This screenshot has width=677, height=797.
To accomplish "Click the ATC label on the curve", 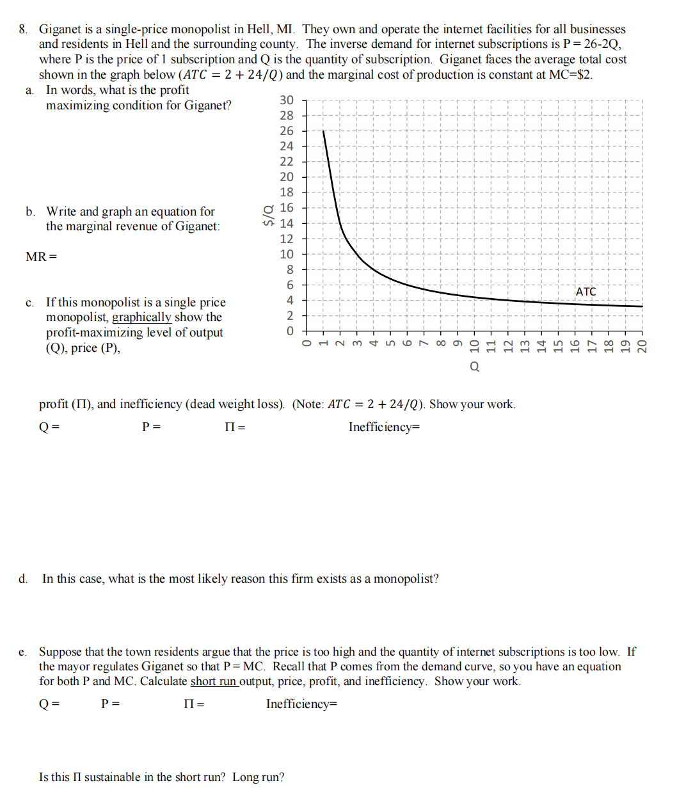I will tap(585, 292).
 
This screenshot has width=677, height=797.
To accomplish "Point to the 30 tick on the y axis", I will tap(287, 100).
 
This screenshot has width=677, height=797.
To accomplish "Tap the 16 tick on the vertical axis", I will tap(287, 208).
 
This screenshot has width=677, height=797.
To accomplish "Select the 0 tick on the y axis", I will tap(290, 331).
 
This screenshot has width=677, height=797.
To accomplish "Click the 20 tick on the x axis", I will tap(642, 346).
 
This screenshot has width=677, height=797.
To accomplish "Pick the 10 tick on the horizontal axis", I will tap(474, 346).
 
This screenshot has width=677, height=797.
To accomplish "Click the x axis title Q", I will tap(474, 367).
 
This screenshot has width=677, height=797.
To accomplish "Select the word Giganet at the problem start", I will tap(60, 29).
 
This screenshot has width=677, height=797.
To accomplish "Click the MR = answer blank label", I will tap(41, 257).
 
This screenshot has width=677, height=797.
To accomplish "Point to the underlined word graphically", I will tap(141, 317).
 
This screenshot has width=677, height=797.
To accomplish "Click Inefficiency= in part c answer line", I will tap(384, 427).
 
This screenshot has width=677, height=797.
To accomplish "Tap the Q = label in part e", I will tap(49, 704).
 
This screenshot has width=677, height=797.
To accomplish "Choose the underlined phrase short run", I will tap(214, 681).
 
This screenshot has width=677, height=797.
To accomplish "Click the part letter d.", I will tap(23, 579).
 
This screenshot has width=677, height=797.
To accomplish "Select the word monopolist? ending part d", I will tap(406, 579).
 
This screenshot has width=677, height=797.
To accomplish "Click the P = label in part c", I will tap(151, 427).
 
